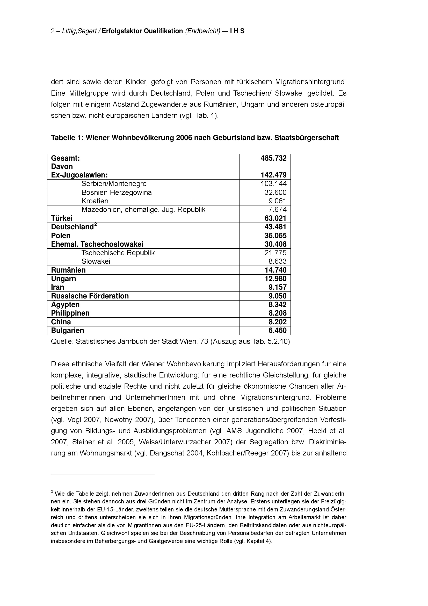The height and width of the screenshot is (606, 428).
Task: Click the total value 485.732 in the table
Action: pyautogui.click(x=273, y=158)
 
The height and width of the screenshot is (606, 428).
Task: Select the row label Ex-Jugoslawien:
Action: pyautogui.click(x=79, y=175)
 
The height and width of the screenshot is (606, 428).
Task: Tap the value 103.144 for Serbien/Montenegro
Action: pyautogui.click(x=273, y=184)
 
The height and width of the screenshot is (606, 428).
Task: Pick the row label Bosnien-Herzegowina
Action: pyautogui.click(x=117, y=193)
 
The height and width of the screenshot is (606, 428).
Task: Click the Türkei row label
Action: pyautogui.click(x=62, y=218)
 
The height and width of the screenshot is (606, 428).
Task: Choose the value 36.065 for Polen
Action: pyautogui.click(x=275, y=236)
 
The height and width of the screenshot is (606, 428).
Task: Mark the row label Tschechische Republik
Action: pyautogui.click(x=118, y=253)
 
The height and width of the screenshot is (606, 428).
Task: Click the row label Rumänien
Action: pyautogui.click(x=68, y=270)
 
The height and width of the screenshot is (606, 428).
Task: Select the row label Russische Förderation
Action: pyautogui.click(x=90, y=296)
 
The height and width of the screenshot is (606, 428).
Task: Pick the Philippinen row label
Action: pyautogui.click(x=70, y=313)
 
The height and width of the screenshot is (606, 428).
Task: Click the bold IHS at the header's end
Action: pyautogui.click(x=237, y=31)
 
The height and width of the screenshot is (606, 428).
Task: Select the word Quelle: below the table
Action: pyautogui.click(x=62, y=342)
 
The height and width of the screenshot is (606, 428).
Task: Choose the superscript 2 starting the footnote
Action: pyautogui.click(x=52, y=491)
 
